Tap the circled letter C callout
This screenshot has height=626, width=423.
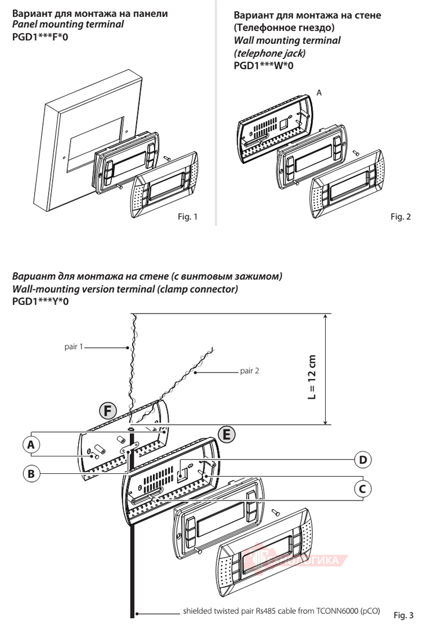[x=363, y=489]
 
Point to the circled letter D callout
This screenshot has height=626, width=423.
[x=363, y=460]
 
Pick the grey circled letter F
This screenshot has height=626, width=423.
[x=106, y=411]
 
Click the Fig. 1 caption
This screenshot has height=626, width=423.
[x=187, y=218]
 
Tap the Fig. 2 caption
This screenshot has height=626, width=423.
[x=400, y=217]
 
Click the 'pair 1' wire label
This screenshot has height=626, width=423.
[x=74, y=347]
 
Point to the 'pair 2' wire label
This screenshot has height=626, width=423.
[x=250, y=370]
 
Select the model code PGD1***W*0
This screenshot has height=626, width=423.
[x=264, y=66]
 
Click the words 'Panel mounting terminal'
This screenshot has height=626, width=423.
[x=68, y=25]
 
